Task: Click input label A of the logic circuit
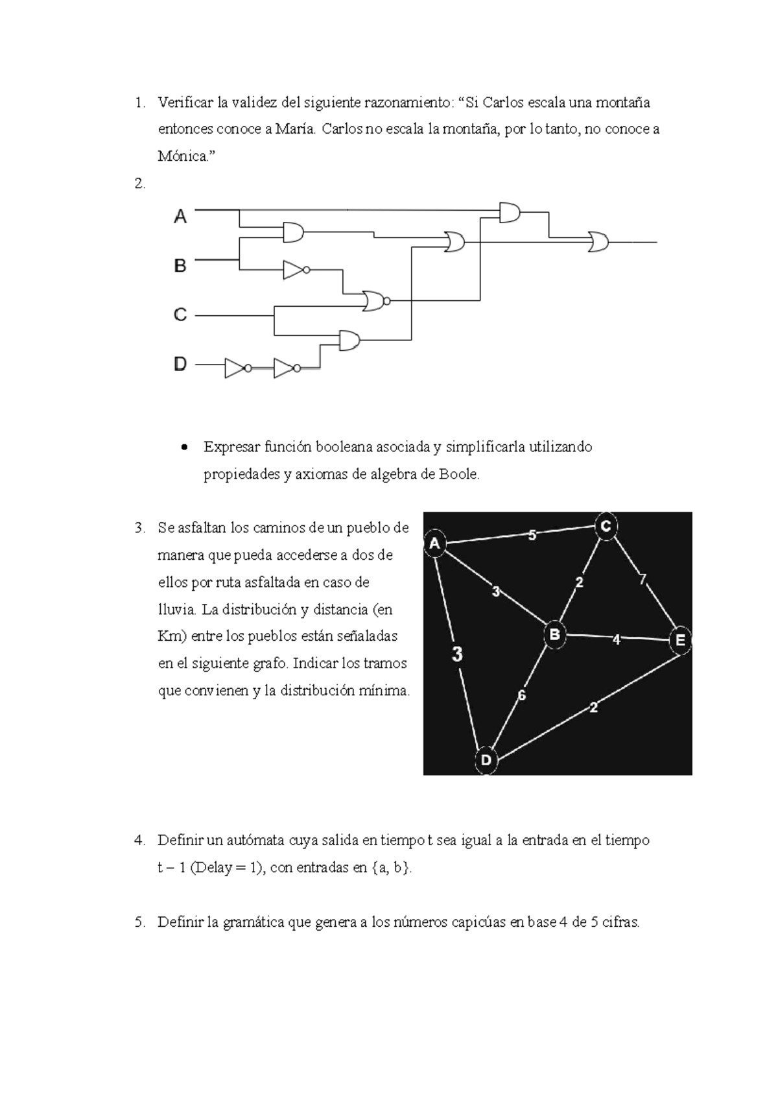pyautogui.click(x=180, y=217)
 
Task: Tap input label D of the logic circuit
pyautogui.click(x=180, y=365)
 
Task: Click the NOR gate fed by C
pyautogui.click(x=375, y=300)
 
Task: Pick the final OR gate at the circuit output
pyautogui.click(x=598, y=242)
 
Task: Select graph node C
pyautogui.click(x=606, y=526)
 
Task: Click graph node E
pyautogui.click(x=679, y=640)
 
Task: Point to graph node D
pyautogui.click(x=486, y=760)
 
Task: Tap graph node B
pyautogui.click(x=554, y=634)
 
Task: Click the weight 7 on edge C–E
pyautogui.click(x=642, y=579)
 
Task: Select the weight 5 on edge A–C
pyautogui.click(x=532, y=535)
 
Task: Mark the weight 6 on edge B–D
pyautogui.click(x=521, y=696)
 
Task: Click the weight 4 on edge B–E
pyautogui.click(x=616, y=640)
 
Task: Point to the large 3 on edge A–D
pyautogui.click(x=458, y=654)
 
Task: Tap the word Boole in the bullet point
pyautogui.click(x=458, y=475)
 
